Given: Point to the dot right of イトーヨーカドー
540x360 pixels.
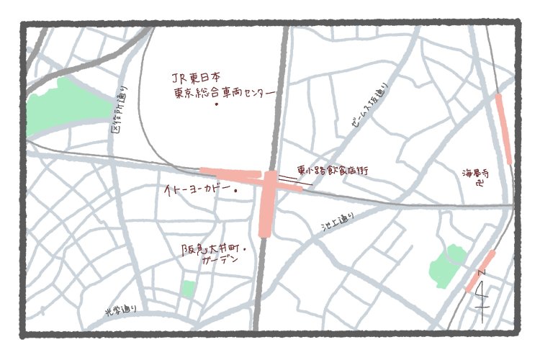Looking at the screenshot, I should click(x=236, y=191).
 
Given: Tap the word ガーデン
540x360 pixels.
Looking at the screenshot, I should click(x=222, y=264).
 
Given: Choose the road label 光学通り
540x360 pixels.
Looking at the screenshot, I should click(x=120, y=311).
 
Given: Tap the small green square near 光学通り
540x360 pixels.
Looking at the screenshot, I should click(x=188, y=289).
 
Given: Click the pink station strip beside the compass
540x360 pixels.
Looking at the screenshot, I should click(x=480, y=270).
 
